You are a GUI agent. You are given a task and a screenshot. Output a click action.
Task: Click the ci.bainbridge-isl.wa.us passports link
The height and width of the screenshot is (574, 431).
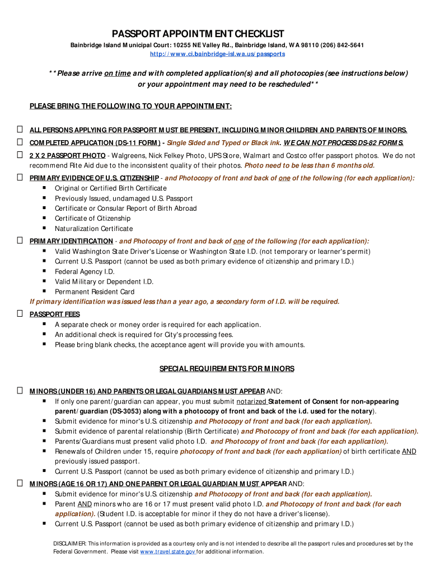point(217,54)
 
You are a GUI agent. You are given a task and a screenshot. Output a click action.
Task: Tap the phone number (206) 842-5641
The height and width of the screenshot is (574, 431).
point(338,45)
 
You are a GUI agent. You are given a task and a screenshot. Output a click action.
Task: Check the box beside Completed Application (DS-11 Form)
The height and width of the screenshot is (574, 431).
point(20,142)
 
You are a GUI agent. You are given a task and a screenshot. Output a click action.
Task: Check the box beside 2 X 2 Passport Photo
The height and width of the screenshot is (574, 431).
point(20,155)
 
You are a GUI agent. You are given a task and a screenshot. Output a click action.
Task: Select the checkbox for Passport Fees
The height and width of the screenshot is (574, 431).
point(20,314)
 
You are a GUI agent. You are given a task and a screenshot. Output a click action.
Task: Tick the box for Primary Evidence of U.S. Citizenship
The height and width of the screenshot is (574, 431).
point(20,178)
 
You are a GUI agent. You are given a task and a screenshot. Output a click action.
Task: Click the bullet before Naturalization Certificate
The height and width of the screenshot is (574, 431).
point(44,228)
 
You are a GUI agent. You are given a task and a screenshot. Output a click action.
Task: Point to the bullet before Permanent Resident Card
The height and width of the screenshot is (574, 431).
point(44,291)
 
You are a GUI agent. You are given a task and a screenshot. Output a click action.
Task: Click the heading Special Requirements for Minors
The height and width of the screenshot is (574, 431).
point(227,369)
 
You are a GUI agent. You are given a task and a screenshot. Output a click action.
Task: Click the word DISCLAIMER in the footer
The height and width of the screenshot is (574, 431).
point(69,544)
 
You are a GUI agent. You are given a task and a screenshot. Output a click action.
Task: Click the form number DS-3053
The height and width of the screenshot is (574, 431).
point(127,411)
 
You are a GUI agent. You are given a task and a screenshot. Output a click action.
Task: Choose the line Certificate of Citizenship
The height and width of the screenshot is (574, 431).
point(92,218)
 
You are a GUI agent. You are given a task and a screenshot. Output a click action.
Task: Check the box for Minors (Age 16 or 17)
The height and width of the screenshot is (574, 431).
point(20,483)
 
